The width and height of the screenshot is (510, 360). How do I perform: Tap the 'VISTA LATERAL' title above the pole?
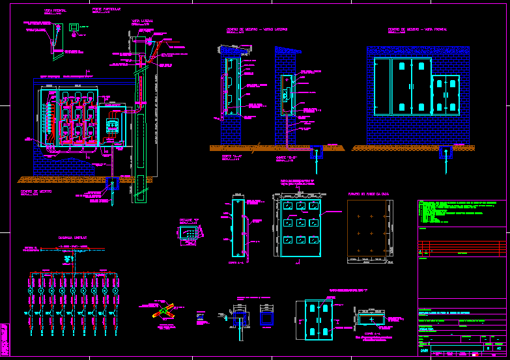click(143, 21)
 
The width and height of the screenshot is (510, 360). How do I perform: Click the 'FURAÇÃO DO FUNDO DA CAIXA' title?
click(369, 193)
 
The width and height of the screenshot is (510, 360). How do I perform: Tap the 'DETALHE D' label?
click(187, 220)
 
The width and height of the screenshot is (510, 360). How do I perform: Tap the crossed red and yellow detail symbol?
click(163, 311)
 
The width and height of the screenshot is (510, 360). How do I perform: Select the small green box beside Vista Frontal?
click(74, 27)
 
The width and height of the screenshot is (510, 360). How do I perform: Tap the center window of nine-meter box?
click(301, 223)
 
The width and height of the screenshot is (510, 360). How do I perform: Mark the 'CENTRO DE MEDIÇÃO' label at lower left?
click(35, 191)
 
